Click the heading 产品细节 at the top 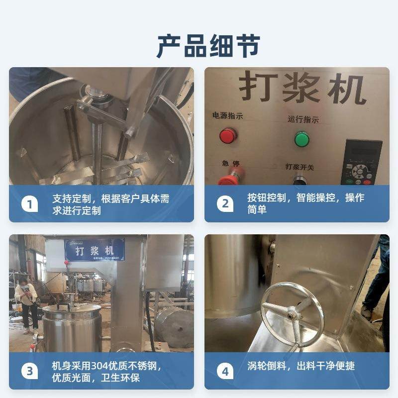(199, 46)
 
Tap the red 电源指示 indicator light (228, 135)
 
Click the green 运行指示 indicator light (301, 139)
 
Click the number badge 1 (29, 204)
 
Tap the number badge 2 (225, 204)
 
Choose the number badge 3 (29, 371)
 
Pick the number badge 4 (225, 371)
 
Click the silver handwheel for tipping (293, 312)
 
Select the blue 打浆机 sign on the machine (94, 250)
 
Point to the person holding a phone (26, 303)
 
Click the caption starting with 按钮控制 (305, 203)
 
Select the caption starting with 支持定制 (110, 204)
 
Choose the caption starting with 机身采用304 (106, 372)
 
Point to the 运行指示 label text (303, 119)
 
